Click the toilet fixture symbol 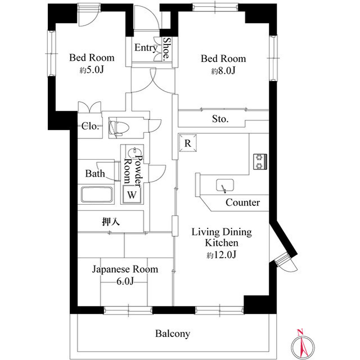pos(119,128)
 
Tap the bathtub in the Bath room pos(97,195)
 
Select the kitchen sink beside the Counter pos(225,185)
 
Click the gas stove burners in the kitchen pos(260,161)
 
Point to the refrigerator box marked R pos(188,143)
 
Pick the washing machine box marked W pos(132,195)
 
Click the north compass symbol pos(303,344)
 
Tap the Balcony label pos(173,334)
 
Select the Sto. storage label pos(220,119)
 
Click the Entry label pos(146,48)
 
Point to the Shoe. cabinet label pos(167,49)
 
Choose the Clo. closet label pos(90,126)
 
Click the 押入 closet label pos(111,222)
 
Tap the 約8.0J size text pos(223,71)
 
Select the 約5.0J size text pos(92,70)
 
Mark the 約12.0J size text pos(222,255)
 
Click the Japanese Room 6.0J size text pos(125,281)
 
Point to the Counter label pos(242,202)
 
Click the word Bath pos(95,174)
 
